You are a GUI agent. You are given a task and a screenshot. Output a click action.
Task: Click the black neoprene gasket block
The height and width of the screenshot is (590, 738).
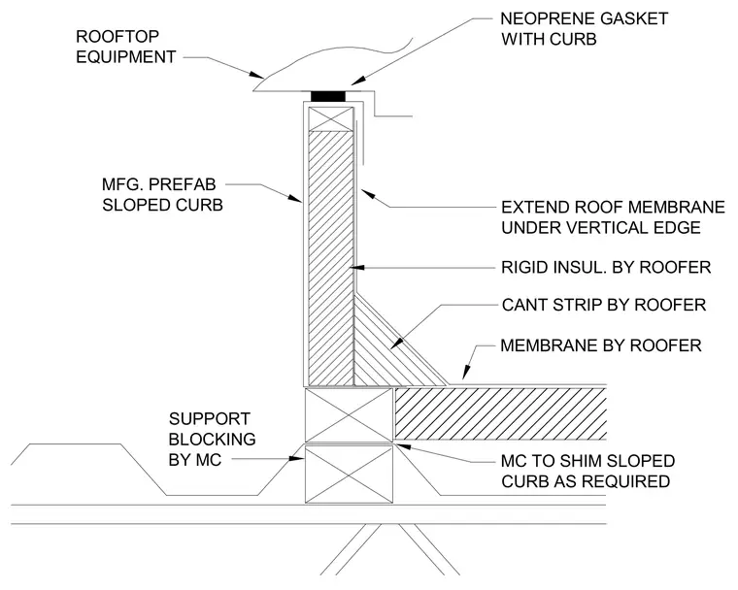click(x=328, y=96)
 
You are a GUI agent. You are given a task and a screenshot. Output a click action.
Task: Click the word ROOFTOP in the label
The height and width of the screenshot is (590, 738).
click(x=117, y=36)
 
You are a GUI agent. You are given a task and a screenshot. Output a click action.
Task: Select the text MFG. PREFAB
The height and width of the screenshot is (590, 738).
click(x=159, y=184)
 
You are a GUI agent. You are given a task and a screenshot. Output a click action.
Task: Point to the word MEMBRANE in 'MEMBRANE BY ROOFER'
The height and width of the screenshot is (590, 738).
click(x=545, y=345)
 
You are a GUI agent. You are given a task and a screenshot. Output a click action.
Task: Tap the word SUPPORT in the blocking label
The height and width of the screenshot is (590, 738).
click(x=210, y=419)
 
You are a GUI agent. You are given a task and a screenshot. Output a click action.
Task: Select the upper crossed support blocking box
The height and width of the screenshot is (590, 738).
click(x=349, y=415)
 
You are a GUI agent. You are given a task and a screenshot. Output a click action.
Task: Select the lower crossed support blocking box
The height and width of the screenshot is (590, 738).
click(x=349, y=475)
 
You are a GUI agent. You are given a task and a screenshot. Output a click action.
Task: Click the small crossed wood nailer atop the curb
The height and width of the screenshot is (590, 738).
click(x=331, y=119)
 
